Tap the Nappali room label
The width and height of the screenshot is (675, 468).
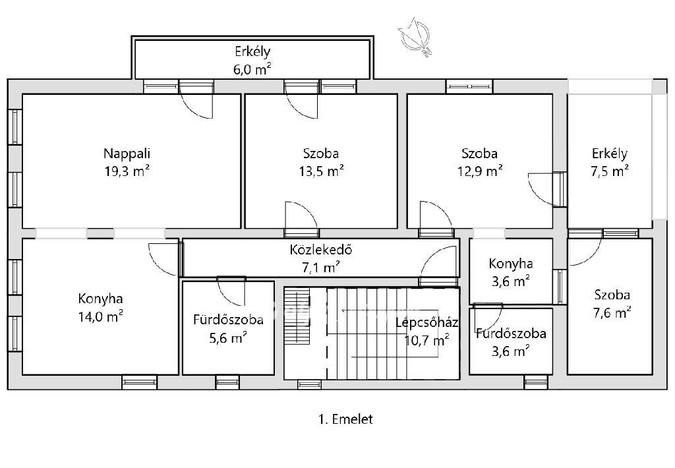[x=127, y=154]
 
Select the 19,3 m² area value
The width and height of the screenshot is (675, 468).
[x=127, y=171]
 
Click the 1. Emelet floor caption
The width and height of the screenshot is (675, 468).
[x=345, y=419]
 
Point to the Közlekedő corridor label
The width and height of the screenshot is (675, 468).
[x=321, y=250]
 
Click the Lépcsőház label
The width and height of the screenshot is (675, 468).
[x=426, y=322]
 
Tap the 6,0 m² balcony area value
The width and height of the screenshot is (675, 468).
[x=252, y=69]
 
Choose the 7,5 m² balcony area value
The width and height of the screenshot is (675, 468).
[x=610, y=171]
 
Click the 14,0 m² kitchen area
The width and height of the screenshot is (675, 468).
[x=100, y=317]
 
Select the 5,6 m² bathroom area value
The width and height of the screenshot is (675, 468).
[x=227, y=338]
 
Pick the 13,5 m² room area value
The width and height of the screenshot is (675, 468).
[x=321, y=171]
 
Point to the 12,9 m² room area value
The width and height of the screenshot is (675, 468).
[x=480, y=171]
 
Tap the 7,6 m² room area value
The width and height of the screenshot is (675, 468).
[x=612, y=312]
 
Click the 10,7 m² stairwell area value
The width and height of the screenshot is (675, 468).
[x=426, y=341]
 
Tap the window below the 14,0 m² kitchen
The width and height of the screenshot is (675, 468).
[x=139, y=382]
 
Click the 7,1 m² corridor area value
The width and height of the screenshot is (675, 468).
[x=321, y=268]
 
